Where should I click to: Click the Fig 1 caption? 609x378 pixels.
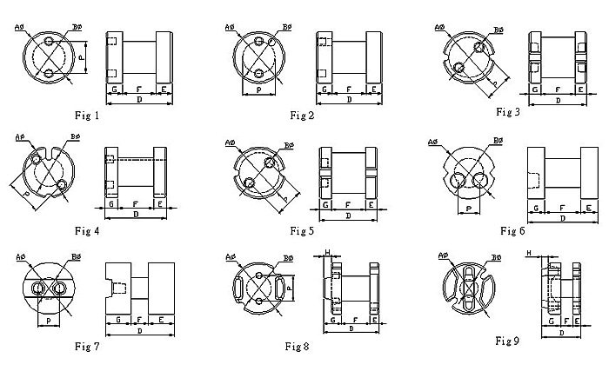tap(87, 115)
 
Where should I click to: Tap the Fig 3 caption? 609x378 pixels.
tap(508, 112)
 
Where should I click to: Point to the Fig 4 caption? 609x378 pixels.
tap(87, 230)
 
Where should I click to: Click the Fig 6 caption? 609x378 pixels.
tap(512, 230)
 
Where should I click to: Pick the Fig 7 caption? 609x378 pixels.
tap(87, 347)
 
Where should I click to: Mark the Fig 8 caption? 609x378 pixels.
tap(298, 346)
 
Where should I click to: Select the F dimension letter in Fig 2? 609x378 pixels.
tap(348, 90)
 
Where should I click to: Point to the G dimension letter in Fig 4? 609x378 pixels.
tap(112, 203)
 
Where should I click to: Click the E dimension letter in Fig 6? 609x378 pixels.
tap(589, 209)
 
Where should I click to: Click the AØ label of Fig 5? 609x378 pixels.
tap(231, 141)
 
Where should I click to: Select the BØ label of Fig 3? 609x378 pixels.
tap(499, 30)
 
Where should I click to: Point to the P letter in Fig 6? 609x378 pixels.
tap(469, 209)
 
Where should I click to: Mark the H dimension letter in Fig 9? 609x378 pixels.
tap(530, 252)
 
